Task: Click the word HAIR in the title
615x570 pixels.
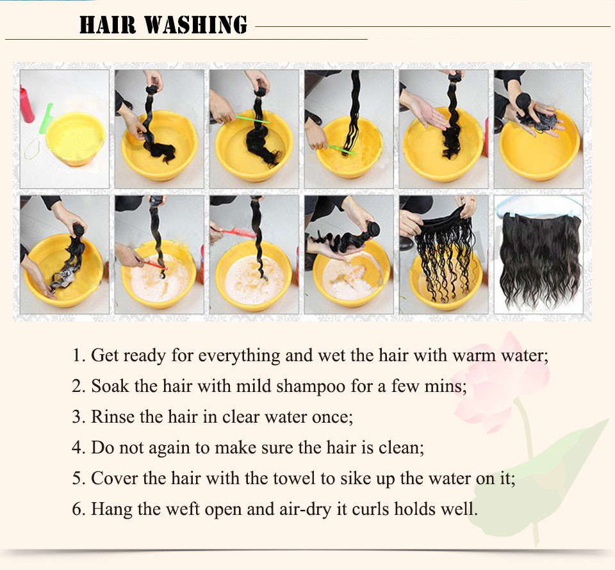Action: tap(108, 25)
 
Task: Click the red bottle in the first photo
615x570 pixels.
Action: tap(26, 104)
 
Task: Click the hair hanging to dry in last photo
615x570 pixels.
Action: tap(540, 259)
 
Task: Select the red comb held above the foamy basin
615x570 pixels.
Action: tap(233, 232)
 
